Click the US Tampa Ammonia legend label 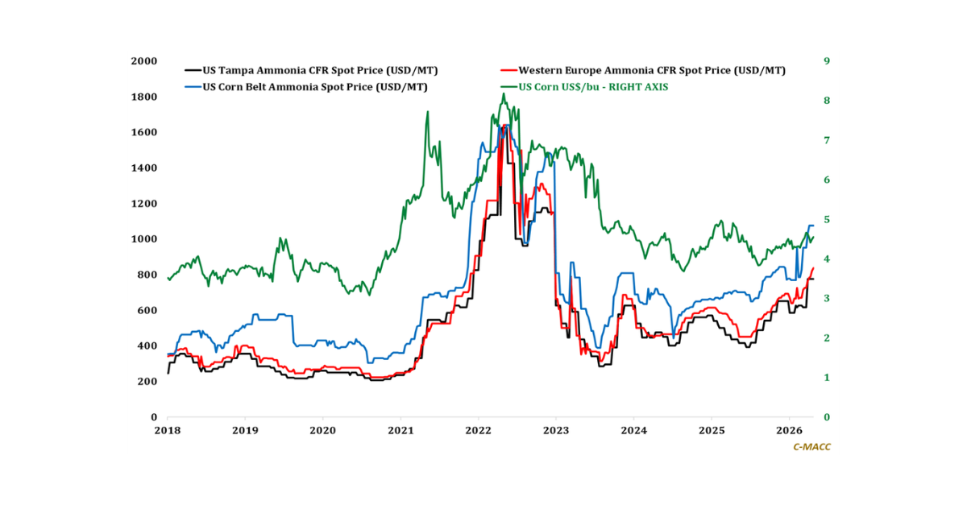[x=320, y=71]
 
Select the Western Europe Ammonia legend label [x=652, y=71]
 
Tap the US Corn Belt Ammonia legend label [x=315, y=86]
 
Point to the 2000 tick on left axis [x=144, y=61]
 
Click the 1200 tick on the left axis [x=144, y=204]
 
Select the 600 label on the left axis [x=147, y=310]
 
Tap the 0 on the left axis [x=153, y=417]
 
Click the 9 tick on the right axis [x=826, y=61]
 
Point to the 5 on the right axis [x=826, y=219]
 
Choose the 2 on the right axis [x=826, y=338]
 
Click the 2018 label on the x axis [x=168, y=431]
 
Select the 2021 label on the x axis [x=400, y=431]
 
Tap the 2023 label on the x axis [x=556, y=431]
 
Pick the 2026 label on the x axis [x=789, y=431]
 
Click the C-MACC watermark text [x=811, y=447]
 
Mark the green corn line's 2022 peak [x=504, y=94]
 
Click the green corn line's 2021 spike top [x=427, y=112]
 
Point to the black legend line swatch [x=193, y=71]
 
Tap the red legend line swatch [x=508, y=71]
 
